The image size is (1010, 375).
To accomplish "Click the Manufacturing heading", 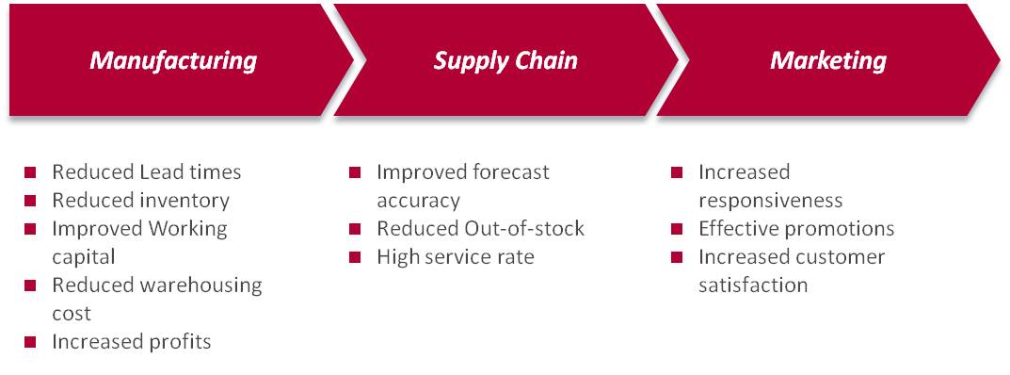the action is (x=173, y=60).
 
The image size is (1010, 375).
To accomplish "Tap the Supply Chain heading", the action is (x=505, y=60).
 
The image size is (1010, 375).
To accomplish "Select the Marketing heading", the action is (x=828, y=60).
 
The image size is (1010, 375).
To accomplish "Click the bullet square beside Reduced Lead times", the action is (x=30, y=172).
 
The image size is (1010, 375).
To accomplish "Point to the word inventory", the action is (x=184, y=201).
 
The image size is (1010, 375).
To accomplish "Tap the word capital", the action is (x=84, y=258).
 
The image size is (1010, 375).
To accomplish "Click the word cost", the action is (x=72, y=314).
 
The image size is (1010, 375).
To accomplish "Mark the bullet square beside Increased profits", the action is (x=30, y=341).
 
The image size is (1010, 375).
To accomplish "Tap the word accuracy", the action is (x=419, y=201).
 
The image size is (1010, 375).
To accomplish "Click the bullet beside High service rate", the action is (x=355, y=257).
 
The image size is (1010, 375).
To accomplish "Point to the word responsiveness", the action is (x=770, y=201).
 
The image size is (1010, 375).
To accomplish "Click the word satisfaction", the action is (x=753, y=285).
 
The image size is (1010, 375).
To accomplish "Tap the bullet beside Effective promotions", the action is (x=677, y=229).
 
